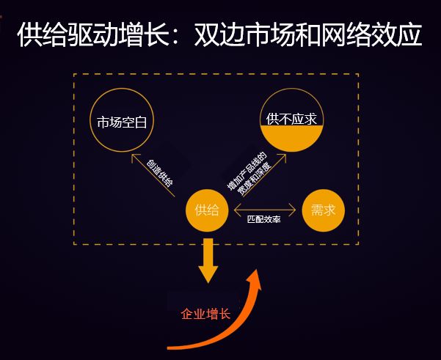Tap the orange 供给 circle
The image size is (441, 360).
click(207, 210)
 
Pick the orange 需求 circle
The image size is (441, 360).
click(322, 210)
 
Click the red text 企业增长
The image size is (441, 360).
click(205, 314)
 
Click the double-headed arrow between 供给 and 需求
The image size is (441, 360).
click(263, 210)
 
